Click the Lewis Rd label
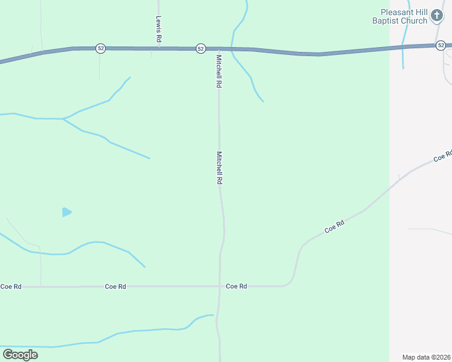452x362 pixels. [x=159, y=29]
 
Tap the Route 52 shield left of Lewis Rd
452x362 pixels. [x=100, y=48]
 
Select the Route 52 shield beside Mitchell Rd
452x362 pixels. [x=201, y=48]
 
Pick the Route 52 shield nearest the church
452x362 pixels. [x=441, y=45]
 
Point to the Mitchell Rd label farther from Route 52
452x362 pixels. [x=220, y=168]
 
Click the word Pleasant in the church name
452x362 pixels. [x=396, y=12]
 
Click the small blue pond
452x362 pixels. [x=66, y=212]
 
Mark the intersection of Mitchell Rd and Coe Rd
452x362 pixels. [x=219, y=286]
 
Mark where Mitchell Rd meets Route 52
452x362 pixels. [x=218, y=49]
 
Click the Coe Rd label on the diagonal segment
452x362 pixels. [x=334, y=226]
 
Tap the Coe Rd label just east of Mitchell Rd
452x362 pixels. [x=236, y=286]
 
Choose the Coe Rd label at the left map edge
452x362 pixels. [x=11, y=286]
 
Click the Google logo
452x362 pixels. [x=20, y=355]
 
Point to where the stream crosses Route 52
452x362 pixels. [x=233, y=49]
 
